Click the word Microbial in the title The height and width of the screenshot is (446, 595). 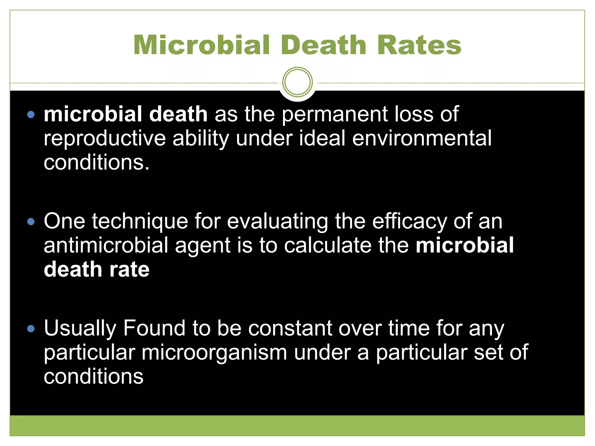coord(202,45)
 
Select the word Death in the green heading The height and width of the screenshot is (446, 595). coord(323,45)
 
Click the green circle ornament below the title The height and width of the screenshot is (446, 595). coord(297,82)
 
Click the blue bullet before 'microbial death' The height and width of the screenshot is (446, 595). coord(31,114)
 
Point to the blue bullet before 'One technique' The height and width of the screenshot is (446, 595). coord(31,222)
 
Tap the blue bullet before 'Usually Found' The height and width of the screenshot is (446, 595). coord(31,329)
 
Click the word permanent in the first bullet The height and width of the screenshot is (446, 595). coord(335,114)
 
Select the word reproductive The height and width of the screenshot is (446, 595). coord(105,139)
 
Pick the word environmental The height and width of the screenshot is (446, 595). coord(422,139)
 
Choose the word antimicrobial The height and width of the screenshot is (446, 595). coord(106,245)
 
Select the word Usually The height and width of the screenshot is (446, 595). coord(80,329)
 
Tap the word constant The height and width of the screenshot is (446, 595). coord(290,328)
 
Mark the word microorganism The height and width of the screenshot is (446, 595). coord(214,353)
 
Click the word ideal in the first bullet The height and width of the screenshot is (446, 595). coord(322,139)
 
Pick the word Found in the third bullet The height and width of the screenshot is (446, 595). coord(154,328)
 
